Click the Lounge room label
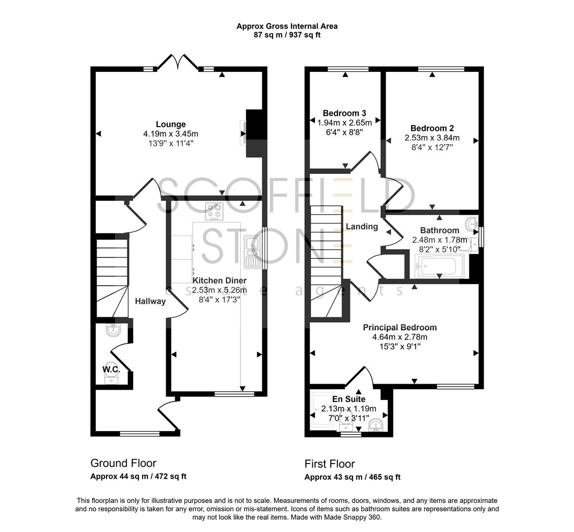pos(171,125)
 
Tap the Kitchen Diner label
pos(219,281)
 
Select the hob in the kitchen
pos(215,212)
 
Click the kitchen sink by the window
pos(252,251)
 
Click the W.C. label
pos(111,369)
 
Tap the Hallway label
pos(150,301)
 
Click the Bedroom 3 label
pos(344,113)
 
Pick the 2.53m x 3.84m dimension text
pos(432,138)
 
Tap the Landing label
pos(361,227)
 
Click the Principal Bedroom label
pos(399,328)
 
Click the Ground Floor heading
pos(123,463)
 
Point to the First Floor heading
pos(329,464)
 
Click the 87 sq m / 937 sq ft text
pos(287,35)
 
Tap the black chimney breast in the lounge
pos(254,133)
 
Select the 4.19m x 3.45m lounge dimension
pos(171,134)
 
